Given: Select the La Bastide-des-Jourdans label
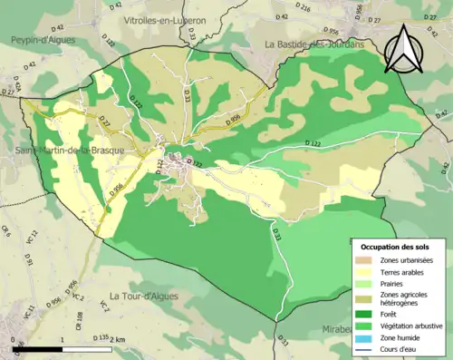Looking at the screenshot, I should (318, 43).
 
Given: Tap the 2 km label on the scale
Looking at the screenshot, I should (117, 339).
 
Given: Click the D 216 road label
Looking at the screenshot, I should (303, 8).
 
